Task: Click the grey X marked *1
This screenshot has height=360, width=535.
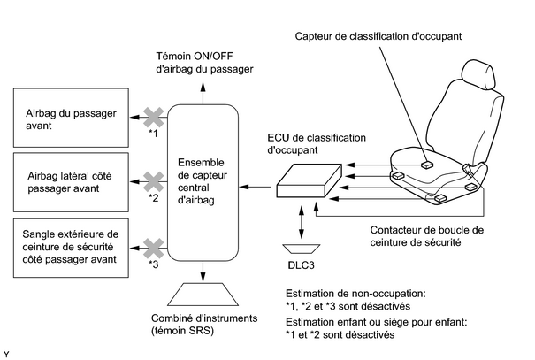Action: point(154,118)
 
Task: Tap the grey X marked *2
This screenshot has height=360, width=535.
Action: point(154,181)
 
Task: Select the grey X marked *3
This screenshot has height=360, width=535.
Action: point(154,248)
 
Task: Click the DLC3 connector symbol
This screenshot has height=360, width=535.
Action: point(302,249)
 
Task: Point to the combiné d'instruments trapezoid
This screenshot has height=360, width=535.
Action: point(203,295)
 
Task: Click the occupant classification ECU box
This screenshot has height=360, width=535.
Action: point(309,180)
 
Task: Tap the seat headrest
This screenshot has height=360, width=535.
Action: point(478,75)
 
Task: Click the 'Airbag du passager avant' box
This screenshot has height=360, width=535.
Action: point(71,118)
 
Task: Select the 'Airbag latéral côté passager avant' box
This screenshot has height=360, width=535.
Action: point(71,182)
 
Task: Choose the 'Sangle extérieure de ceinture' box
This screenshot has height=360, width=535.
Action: point(71,248)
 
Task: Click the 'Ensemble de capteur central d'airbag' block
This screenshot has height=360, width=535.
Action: point(203,183)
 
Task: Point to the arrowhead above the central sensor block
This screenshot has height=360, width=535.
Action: point(203,87)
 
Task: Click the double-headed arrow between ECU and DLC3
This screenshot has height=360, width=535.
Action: point(302,222)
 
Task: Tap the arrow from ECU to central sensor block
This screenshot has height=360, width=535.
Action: point(255,187)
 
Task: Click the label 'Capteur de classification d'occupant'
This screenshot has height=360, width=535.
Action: point(378,36)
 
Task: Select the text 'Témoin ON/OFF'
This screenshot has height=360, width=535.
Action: point(195,56)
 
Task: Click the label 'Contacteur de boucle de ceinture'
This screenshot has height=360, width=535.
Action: point(427,236)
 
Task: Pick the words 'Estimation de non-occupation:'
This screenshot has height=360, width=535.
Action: point(355,294)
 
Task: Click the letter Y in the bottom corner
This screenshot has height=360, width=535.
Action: point(6,355)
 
